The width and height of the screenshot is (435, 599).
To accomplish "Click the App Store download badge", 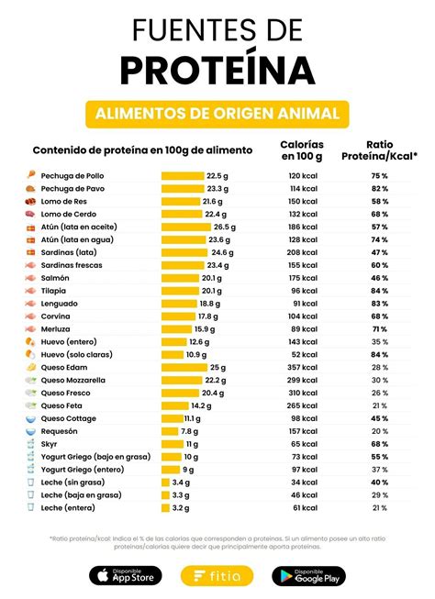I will click(125, 575).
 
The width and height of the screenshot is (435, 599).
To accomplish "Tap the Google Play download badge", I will click(308, 575).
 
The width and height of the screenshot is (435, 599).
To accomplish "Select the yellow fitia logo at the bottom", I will click(217, 575).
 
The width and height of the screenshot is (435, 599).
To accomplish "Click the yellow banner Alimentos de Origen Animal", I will click(217, 114).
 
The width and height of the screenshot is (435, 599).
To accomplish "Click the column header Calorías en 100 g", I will click(302, 150).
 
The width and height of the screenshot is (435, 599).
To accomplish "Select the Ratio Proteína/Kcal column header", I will click(379, 150).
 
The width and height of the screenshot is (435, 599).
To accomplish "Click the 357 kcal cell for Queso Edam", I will click(303, 367).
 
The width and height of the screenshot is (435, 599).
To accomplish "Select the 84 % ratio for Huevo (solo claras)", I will click(379, 354).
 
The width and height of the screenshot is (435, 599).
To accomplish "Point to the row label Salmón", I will click(55, 277).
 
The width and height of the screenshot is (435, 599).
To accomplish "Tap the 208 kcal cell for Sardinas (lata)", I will click(303, 251).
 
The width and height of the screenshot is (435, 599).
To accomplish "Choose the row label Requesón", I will click(60, 430).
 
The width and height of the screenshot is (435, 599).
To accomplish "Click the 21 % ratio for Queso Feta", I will click(379, 405).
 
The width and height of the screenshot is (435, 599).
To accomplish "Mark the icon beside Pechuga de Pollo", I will click(29, 175).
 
